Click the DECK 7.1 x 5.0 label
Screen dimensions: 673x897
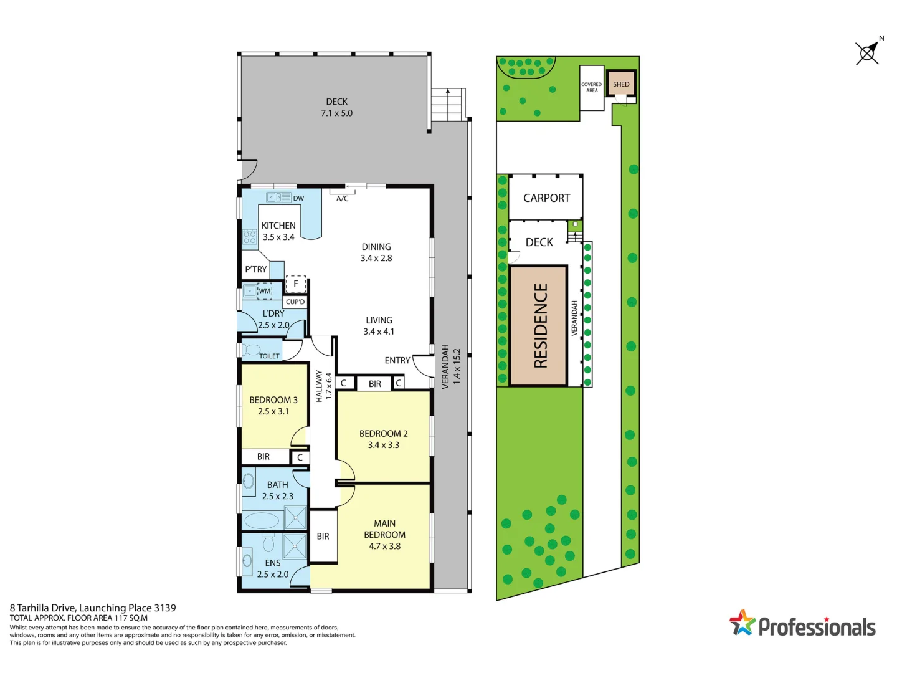336,107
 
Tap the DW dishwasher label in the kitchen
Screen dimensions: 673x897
298,198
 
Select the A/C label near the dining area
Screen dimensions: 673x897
343,199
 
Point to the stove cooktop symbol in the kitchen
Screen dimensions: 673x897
250,237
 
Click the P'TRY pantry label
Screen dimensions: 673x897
255,269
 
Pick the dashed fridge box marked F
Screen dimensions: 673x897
296,284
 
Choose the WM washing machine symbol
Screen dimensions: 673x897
265,291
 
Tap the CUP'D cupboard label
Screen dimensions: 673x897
295,302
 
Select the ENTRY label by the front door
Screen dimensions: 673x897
397,360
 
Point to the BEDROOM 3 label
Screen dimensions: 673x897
273,400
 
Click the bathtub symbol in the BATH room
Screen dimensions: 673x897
262,520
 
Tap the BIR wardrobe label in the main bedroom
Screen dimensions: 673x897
323,536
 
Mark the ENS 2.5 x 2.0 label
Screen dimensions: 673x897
273,568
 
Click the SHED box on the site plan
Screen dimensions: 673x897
621,84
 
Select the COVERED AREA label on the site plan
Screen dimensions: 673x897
592,87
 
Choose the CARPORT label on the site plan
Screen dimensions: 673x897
546,198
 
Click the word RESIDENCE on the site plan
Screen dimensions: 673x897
540,325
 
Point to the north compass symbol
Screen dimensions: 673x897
867,53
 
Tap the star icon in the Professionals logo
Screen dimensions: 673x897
742,623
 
